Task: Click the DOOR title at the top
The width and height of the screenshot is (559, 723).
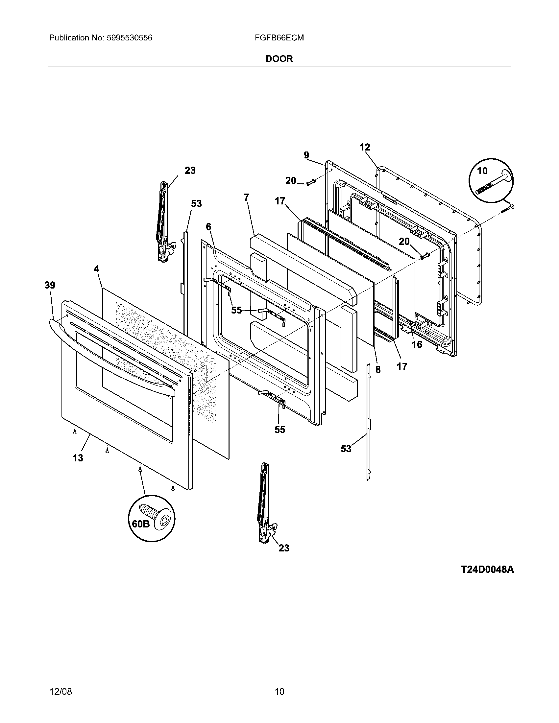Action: [279, 59]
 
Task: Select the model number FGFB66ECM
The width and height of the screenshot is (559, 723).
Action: [279, 38]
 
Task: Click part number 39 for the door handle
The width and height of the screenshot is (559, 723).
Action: [50, 285]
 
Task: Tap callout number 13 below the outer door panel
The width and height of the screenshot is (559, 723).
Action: [78, 458]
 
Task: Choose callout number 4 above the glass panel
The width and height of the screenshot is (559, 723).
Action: [96, 269]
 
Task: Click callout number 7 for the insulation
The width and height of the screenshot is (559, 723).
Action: [246, 197]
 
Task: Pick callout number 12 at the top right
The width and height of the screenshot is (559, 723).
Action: [365, 147]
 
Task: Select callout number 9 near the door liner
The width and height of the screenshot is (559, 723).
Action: [306, 155]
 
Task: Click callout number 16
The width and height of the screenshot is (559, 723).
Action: [417, 345]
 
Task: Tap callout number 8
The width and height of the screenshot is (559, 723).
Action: [378, 369]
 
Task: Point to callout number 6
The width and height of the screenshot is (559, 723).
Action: [208, 227]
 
